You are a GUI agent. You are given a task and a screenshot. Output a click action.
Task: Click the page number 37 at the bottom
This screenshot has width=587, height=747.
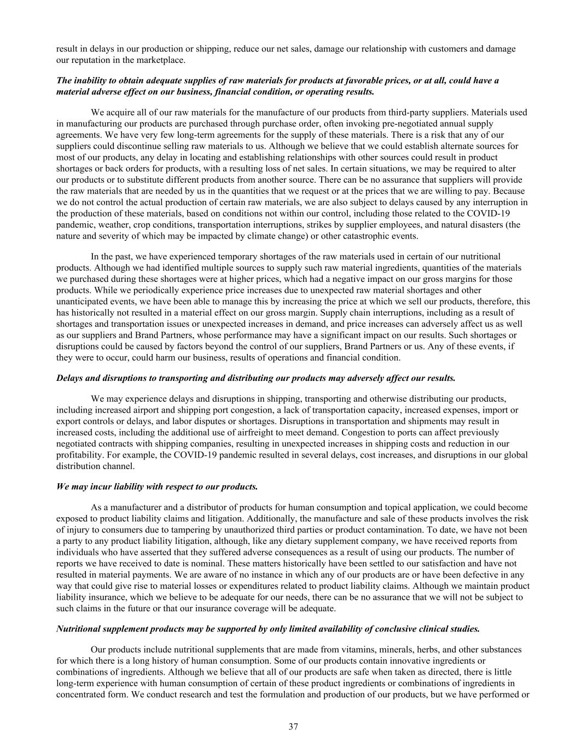293,727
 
